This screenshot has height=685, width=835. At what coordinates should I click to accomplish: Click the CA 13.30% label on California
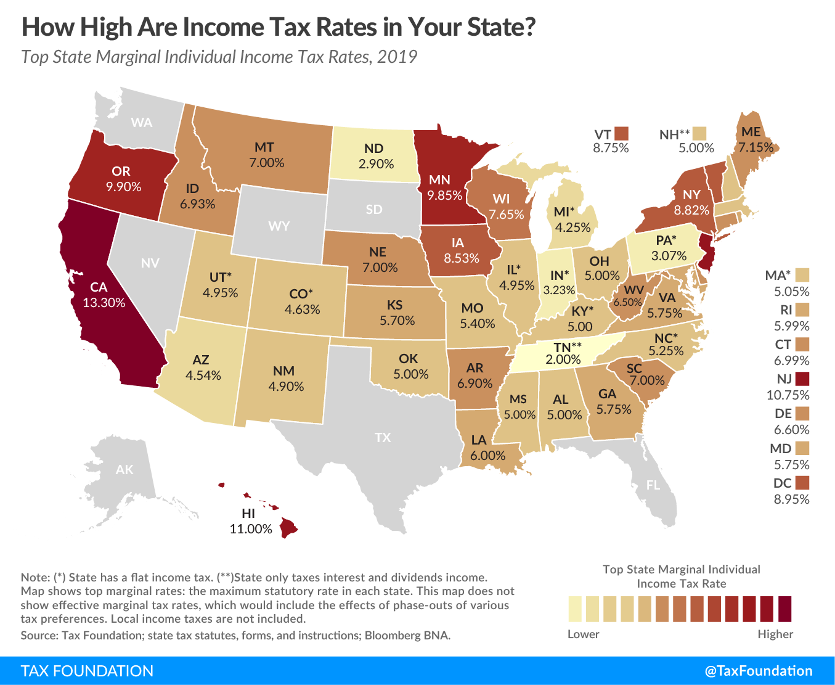coord(104,295)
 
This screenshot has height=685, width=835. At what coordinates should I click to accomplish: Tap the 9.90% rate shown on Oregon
coord(123,187)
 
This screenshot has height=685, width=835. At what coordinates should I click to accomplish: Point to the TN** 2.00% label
coord(563,353)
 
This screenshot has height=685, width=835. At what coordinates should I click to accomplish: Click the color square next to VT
coord(621,133)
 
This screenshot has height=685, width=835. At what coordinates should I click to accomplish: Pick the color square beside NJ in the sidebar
coord(802,379)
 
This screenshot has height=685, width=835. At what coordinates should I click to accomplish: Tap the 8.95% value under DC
coord(791,499)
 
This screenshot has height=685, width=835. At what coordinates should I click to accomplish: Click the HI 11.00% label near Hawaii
coord(250,521)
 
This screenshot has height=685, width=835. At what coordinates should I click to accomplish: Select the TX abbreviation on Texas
coord(383,437)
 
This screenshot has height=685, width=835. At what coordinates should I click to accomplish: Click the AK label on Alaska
coord(124,470)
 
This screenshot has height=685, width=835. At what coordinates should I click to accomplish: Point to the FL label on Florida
coord(653,485)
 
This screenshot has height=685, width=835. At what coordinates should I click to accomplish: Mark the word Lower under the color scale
coord(583,634)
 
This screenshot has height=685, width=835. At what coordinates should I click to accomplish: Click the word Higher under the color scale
coord(775,634)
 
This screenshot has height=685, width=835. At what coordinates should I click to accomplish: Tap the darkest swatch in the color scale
coord(784,609)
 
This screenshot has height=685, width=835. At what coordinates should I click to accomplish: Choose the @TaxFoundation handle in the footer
coord(759,671)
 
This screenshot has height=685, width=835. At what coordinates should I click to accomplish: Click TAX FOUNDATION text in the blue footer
coord(87,671)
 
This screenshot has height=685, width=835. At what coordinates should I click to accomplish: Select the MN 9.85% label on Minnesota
coord(444,187)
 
